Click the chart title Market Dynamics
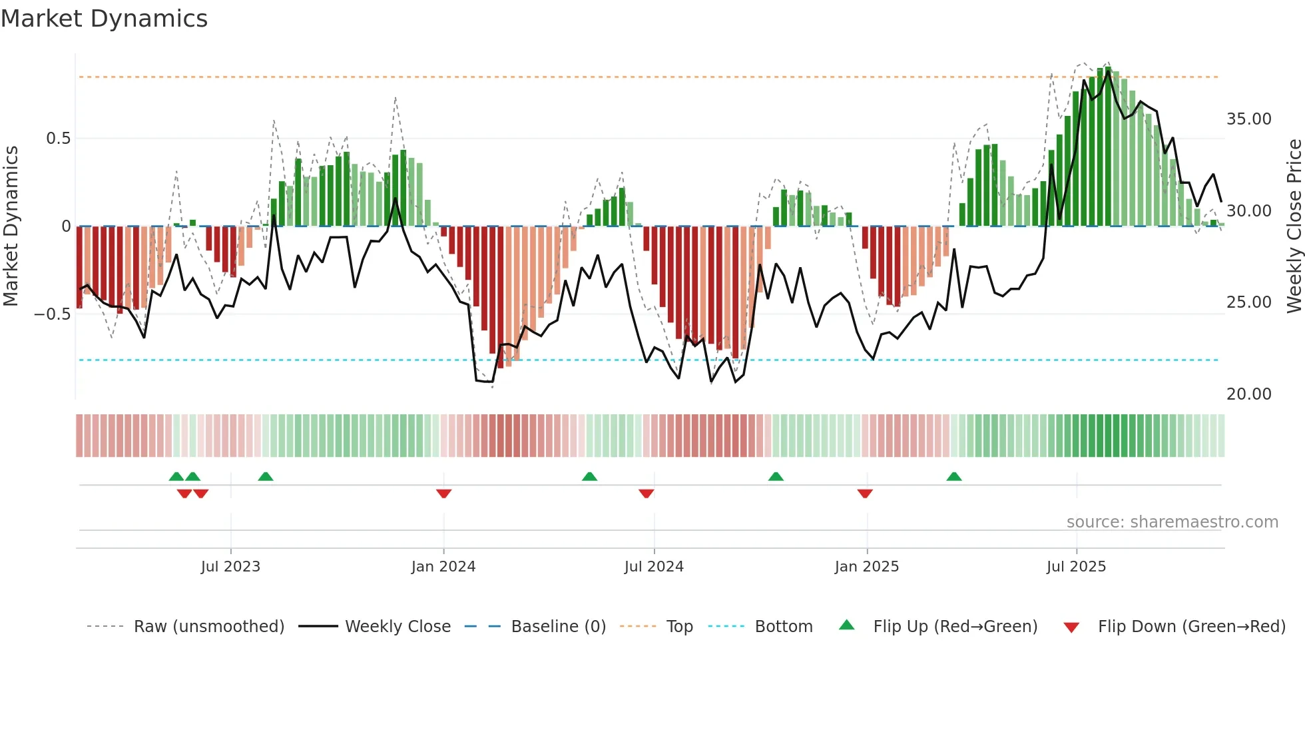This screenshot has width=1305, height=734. (104, 19)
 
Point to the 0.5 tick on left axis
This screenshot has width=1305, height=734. (58, 139)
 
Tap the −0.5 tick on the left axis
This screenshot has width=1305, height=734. (53, 314)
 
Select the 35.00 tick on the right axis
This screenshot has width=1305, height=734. (1248, 119)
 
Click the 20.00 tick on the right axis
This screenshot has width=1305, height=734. (1248, 394)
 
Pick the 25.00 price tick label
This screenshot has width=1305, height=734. (1248, 302)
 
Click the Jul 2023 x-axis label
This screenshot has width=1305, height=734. (230, 567)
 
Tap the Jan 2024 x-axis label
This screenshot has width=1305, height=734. (443, 567)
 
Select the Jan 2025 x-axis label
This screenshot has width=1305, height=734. (866, 567)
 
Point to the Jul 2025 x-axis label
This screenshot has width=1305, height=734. (1076, 567)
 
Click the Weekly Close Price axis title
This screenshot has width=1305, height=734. (1294, 226)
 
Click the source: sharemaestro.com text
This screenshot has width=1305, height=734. (1172, 522)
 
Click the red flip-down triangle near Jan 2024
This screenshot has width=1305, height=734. (443, 493)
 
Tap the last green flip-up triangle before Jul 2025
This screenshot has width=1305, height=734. (953, 477)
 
